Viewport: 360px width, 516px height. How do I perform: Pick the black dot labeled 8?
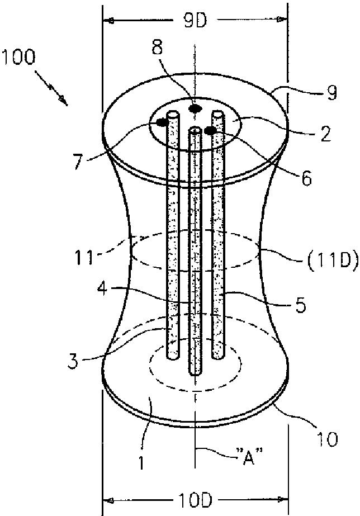195,108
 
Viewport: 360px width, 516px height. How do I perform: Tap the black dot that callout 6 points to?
211,131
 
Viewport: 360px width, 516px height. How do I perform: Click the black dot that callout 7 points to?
162,122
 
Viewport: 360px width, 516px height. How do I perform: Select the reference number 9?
332,93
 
